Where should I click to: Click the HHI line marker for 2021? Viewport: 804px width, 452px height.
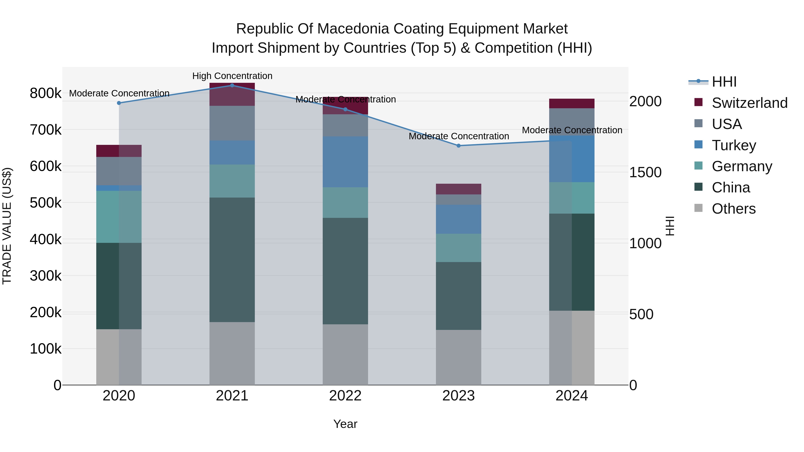[232, 85]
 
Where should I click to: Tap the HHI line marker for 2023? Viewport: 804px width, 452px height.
[459, 146]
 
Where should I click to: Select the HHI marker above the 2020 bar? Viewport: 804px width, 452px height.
[119, 103]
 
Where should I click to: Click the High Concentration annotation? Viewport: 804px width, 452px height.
[232, 76]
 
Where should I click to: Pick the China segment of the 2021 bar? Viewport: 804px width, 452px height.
[232, 260]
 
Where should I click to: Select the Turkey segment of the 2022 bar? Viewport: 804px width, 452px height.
[345, 162]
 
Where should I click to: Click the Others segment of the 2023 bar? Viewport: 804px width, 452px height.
[459, 357]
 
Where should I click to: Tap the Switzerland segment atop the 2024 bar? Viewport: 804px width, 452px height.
[572, 103]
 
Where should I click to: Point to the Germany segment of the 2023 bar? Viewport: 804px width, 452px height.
[459, 248]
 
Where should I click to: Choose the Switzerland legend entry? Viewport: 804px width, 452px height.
[749, 103]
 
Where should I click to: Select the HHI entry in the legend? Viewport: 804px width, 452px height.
[724, 82]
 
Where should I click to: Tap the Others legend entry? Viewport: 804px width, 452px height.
[733, 209]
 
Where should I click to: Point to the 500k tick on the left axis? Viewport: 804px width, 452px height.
[46, 203]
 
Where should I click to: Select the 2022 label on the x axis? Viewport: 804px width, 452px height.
[345, 396]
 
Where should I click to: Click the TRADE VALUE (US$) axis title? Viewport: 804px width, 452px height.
[7, 226]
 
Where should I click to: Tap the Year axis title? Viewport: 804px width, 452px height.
[345, 424]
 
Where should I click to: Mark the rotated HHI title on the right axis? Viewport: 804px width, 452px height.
[670, 226]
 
